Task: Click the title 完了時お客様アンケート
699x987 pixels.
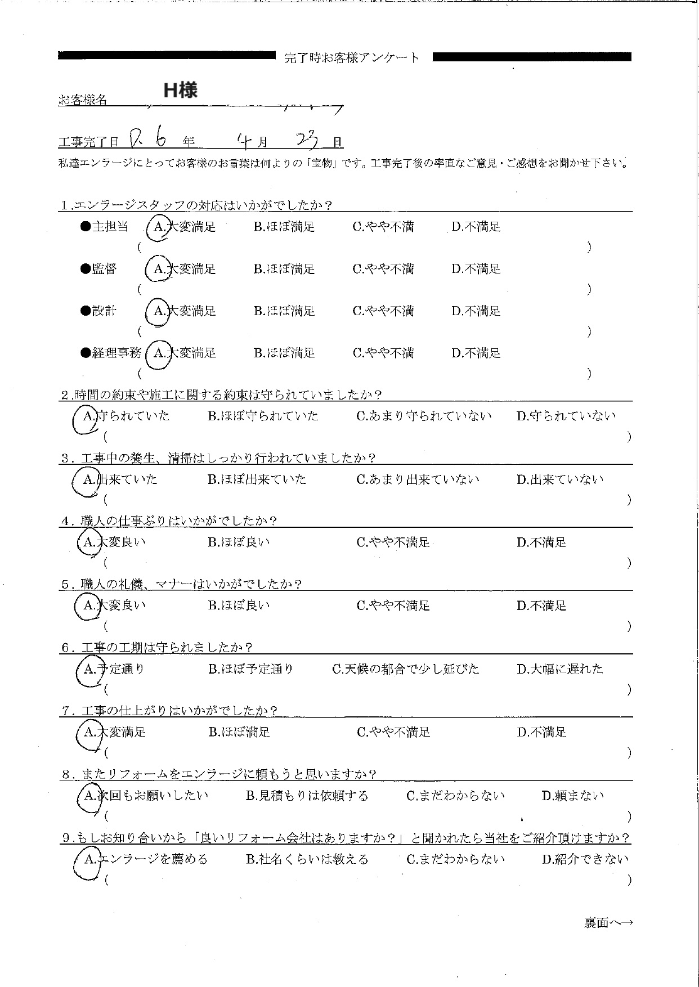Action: [x=352, y=57]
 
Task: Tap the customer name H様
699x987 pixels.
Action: [x=180, y=90]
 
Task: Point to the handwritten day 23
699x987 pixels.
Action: [x=307, y=139]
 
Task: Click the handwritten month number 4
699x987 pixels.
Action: [x=244, y=140]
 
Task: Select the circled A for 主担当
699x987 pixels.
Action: [x=159, y=227]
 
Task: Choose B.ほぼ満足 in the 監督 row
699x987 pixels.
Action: [x=284, y=270]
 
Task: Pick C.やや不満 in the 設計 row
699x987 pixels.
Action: [x=383, y=311]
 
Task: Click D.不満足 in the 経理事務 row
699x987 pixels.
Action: [x=476, y=353]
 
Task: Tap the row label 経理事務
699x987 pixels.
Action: [x=111, y=353]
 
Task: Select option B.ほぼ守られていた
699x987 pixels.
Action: [x=263, y=416]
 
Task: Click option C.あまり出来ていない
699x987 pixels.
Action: [x=418, y=480]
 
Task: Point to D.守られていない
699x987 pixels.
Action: [x=566, y=416]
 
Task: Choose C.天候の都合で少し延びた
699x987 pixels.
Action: [x=405, y=669]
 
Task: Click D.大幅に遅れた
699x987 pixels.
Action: [x=559, y=669]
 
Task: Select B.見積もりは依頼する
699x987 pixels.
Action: [x=307, y=796]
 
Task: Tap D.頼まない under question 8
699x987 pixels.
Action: [x=572, y=796]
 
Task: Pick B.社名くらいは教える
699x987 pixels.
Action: [x=307, y=859]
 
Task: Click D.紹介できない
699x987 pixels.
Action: [x=585, y=859]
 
